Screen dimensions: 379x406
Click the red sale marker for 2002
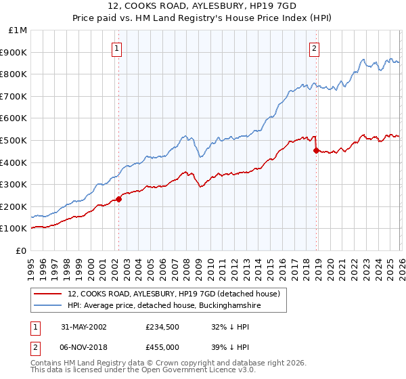click(x=118, y=199)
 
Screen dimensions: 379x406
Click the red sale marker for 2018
click(x=316, y=150)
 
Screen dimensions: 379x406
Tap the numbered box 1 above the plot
click(x=118, y=48)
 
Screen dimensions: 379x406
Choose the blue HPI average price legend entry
click(x=163, y=306)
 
